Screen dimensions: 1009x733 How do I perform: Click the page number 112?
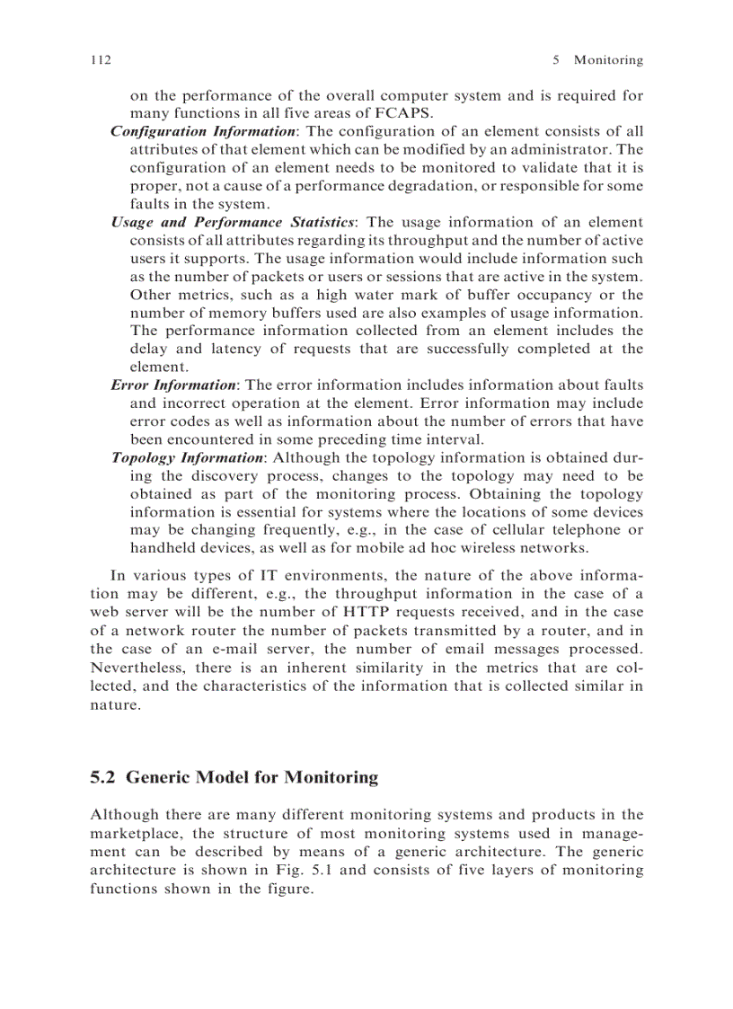(100, 60)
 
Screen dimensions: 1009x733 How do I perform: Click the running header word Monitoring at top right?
(608, 60)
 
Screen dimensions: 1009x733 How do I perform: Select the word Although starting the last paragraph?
(124, 815)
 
